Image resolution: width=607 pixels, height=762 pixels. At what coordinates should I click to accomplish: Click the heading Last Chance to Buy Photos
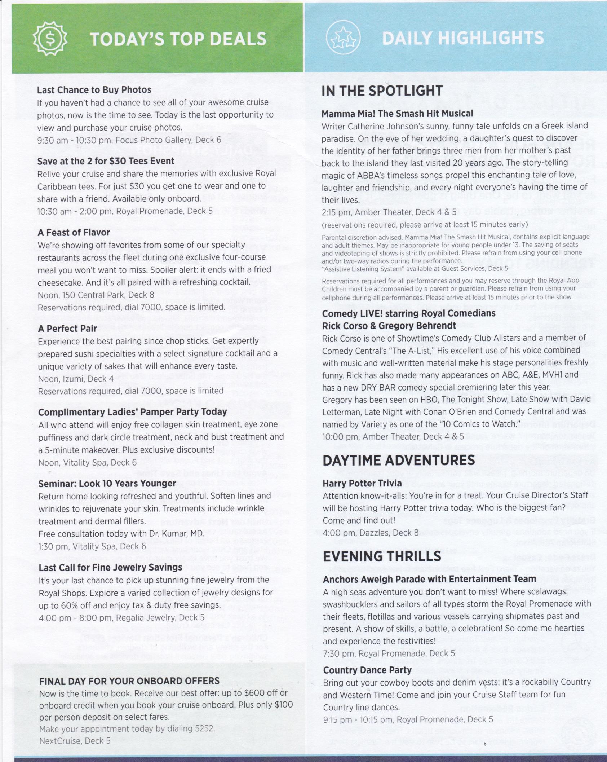94,90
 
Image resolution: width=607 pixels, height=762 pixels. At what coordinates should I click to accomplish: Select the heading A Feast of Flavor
74,233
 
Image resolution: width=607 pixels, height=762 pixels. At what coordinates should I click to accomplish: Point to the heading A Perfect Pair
67,329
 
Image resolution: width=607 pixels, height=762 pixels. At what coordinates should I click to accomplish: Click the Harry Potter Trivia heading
362,483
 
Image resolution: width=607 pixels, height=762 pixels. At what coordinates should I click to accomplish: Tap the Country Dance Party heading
367,670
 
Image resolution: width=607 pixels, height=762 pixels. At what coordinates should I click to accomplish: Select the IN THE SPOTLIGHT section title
382,91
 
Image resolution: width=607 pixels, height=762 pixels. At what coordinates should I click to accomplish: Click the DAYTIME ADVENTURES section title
399,461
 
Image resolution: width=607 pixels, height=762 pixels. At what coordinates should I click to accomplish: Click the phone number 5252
204,729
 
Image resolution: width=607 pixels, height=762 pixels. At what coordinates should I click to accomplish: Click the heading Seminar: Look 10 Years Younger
107,483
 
